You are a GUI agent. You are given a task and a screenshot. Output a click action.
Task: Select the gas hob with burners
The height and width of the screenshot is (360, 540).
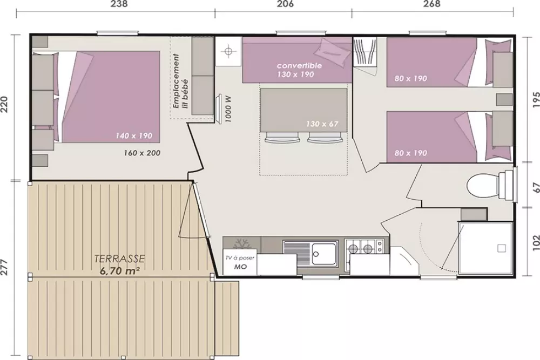tap(362, 249)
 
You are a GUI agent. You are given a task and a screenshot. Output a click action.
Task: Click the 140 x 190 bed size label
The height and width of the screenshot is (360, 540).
tap(134, 135)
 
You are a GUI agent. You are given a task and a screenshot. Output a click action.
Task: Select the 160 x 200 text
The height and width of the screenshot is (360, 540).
tap(142, 153)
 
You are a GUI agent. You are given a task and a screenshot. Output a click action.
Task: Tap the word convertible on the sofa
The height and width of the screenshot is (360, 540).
tap(299, 65)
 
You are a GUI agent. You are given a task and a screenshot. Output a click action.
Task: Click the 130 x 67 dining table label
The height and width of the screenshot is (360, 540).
tap(322, 124)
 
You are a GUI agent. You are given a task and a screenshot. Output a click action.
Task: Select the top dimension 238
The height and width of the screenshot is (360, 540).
tap(119, 4)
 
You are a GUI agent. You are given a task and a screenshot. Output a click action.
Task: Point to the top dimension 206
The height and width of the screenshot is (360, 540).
tap(285, 4)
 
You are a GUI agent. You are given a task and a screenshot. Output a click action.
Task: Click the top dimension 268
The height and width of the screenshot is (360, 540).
tap(432, 4)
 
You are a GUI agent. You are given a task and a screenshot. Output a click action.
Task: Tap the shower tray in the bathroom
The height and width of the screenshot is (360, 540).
tap(485, 248)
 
